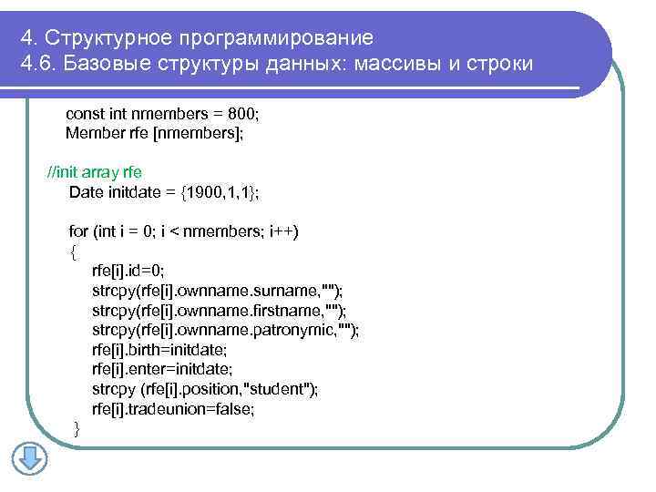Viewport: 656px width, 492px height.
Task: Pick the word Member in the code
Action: (89, 133)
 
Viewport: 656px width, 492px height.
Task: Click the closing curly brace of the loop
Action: (77, 428)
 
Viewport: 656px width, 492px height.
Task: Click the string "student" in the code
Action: (284, 389)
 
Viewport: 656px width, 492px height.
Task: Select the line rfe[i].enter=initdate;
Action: (162, 369)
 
